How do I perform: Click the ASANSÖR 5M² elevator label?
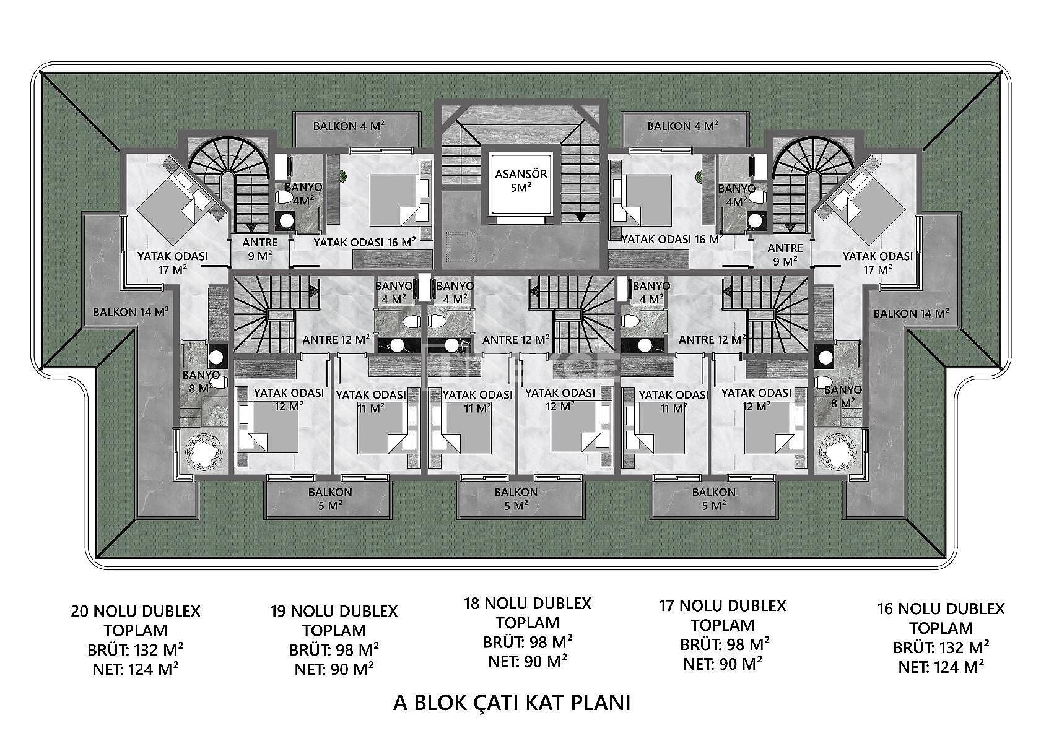tap(521, 181)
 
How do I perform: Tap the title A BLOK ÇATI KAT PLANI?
tap(512, 703)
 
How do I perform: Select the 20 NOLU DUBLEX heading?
tap(136, 611)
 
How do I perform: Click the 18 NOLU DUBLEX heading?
tap(528, 603)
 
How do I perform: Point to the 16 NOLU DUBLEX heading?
tap(941, 608)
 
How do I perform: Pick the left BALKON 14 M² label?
tap(131, 312)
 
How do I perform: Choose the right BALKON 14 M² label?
tap(911, 313)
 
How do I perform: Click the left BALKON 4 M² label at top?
tap(349, 126)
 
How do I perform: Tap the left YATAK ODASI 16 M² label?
tap(365, 242)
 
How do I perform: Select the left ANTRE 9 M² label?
tap(260, 248)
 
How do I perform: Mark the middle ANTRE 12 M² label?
tap(516, 340)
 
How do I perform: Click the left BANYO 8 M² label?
tap(201, 381)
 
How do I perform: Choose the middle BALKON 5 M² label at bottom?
tap(516, 498)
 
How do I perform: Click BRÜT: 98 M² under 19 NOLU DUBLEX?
tap(334, 650)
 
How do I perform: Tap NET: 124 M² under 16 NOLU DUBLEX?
tap(941, 667)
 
